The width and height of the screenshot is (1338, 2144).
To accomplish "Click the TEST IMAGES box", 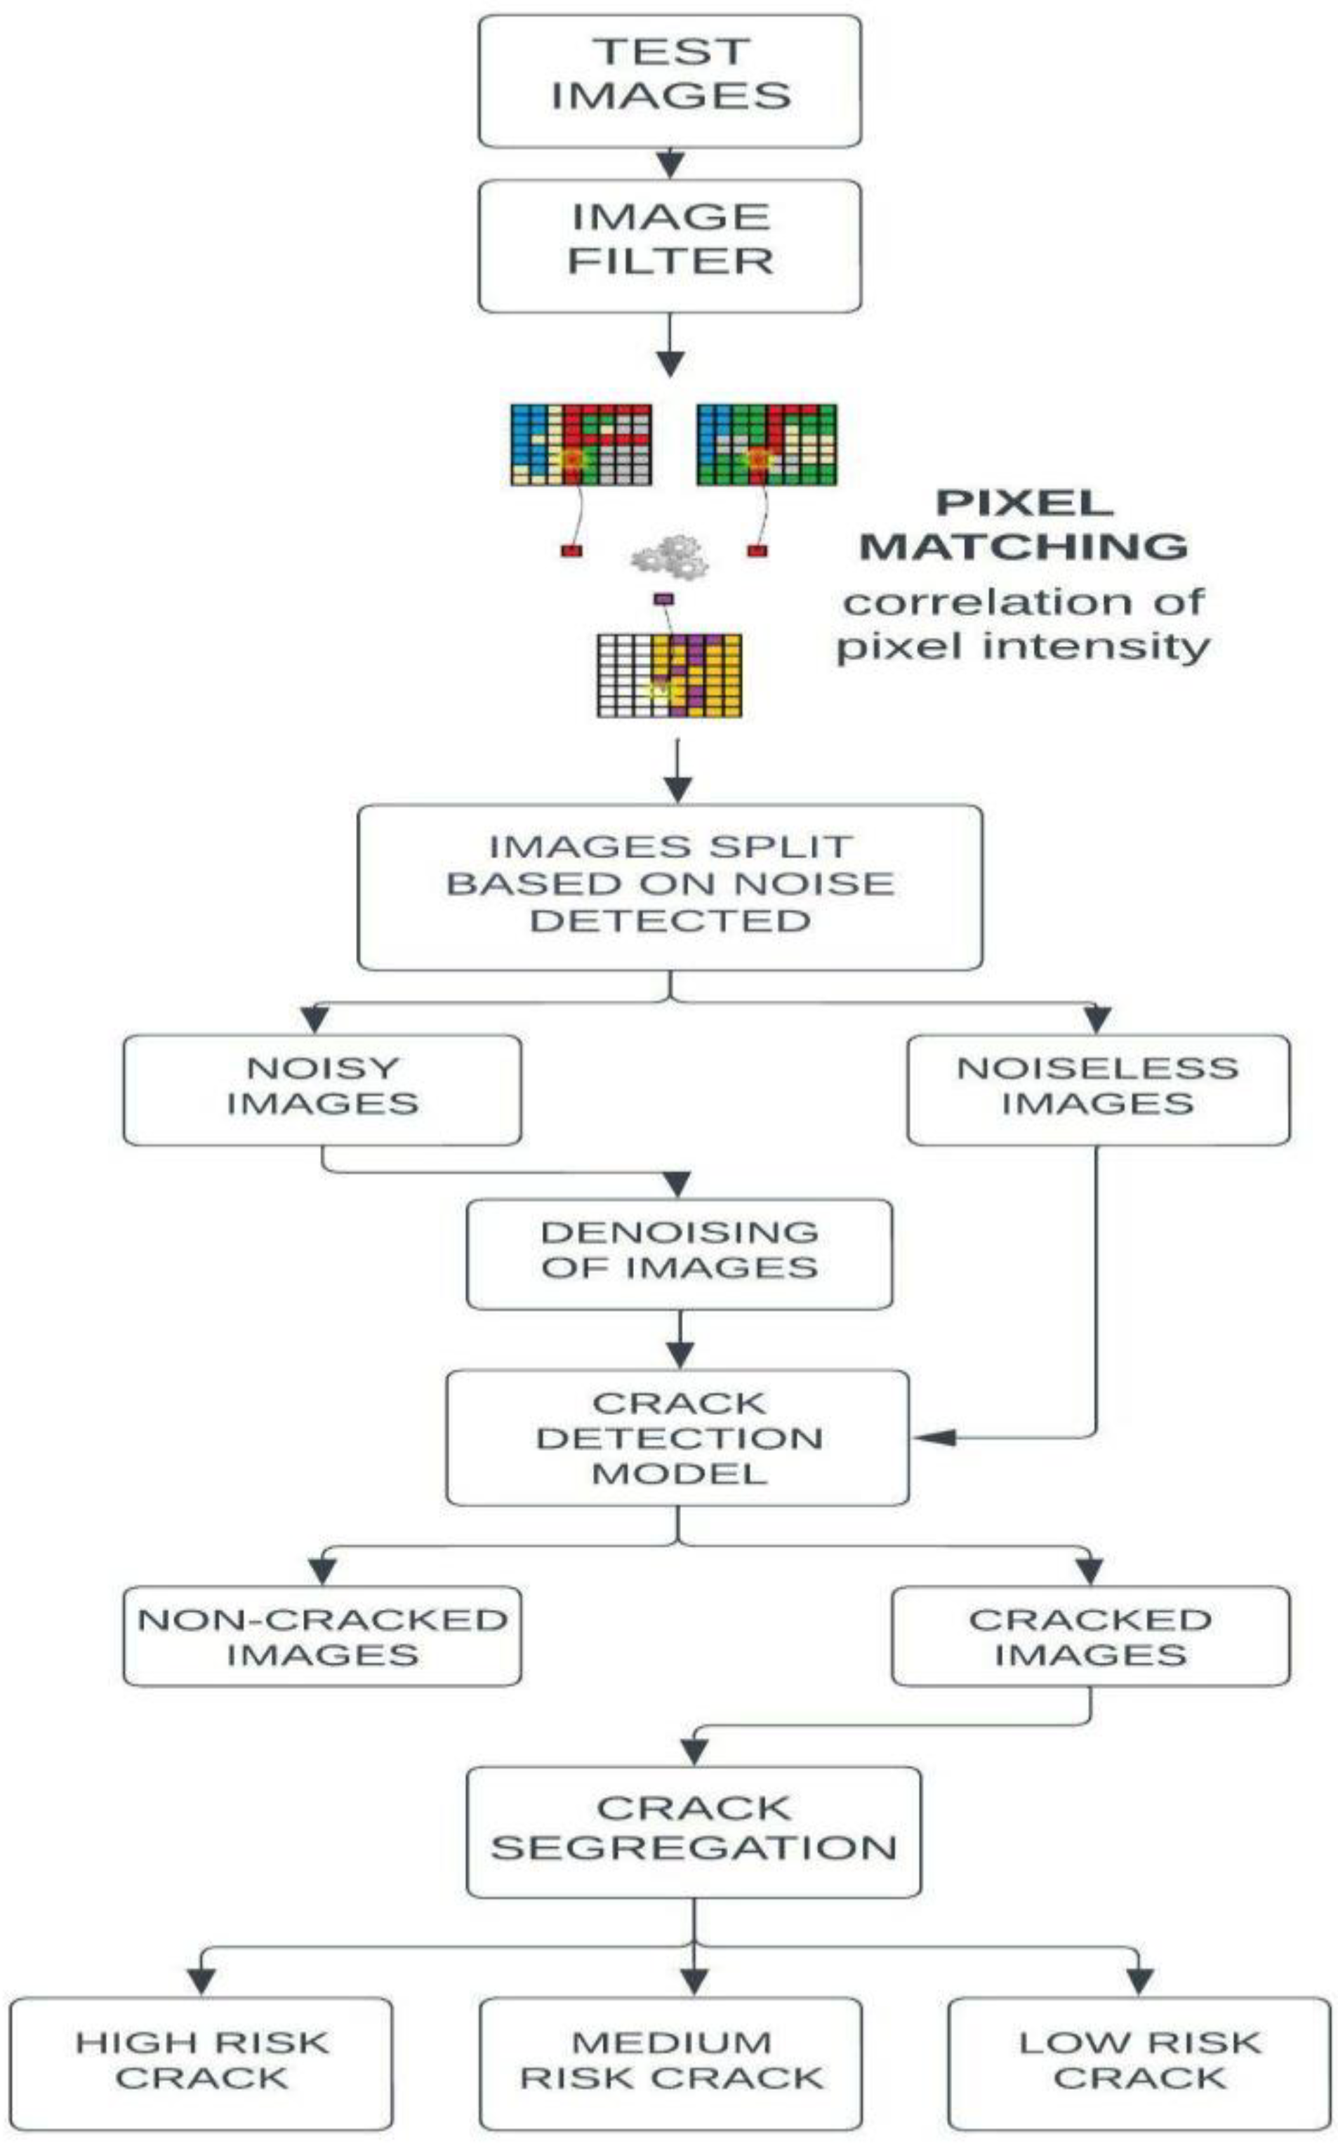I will (670, 81).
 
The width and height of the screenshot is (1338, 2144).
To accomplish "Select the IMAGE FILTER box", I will (670, 246).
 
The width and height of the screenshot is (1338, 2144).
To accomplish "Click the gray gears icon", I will (670, 556).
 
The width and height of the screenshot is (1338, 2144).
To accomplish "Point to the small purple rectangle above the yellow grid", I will (663, 599).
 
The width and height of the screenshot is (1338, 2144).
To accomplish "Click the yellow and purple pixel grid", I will (670, 676).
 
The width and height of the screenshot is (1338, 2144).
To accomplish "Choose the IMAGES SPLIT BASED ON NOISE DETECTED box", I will (670, 886).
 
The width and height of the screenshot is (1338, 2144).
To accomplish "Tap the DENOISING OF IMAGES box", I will (679, 1254).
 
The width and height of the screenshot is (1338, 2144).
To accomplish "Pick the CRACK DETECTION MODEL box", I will (678, 1438).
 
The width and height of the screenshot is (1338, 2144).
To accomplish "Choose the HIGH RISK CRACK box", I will (201, 2062).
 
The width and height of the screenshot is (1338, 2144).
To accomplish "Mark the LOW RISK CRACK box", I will (1140, 2062).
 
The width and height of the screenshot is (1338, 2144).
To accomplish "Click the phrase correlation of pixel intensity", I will (1024, 625).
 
